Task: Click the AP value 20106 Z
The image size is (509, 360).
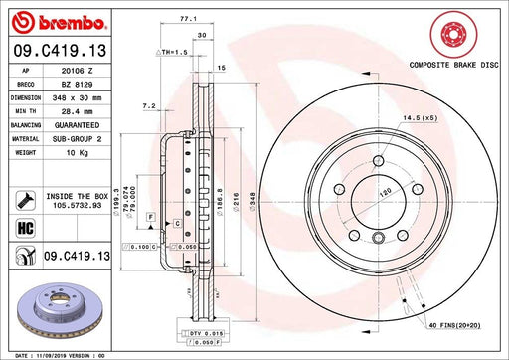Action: tap(76, 72)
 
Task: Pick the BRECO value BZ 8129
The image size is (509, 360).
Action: tap(76, 86)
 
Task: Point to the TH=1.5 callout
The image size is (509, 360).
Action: tap(178, 49)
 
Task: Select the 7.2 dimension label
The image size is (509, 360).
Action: tap(149, 104)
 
